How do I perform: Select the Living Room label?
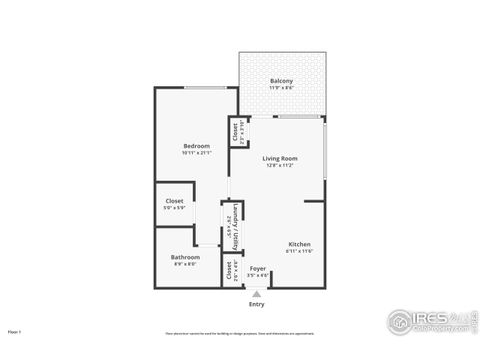point(281,158)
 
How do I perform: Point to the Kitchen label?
point(300,244)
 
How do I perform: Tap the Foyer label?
point(257,268)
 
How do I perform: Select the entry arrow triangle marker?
point(257,294)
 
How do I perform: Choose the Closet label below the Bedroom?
point(174,201)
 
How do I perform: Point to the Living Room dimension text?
point(281,165)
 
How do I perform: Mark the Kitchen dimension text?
point(300,251)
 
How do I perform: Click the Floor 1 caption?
point(15,331)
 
